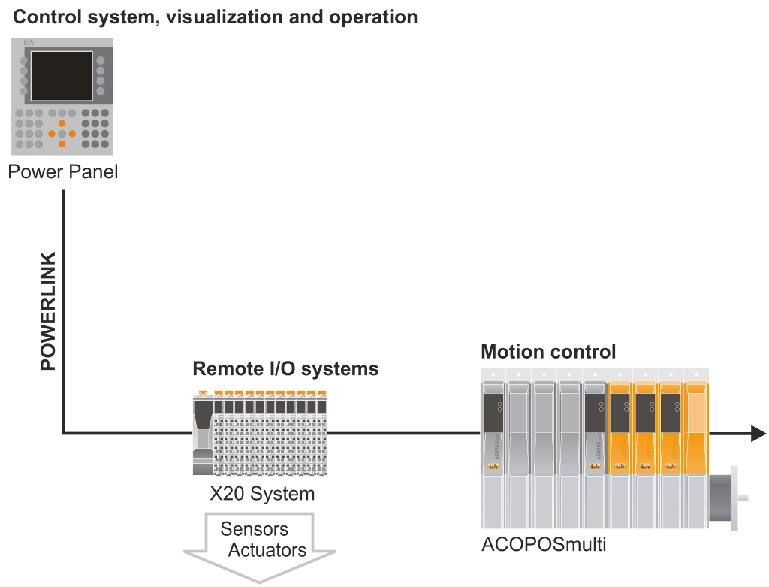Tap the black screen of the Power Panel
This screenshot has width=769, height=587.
62,76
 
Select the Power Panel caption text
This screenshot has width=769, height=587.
63,172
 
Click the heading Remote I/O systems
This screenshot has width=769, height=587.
285,369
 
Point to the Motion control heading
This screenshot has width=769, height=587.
548,351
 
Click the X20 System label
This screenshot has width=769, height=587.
261,494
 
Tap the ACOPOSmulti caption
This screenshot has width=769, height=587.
544,543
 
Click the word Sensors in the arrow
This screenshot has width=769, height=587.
254,529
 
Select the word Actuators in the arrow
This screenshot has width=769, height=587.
267,549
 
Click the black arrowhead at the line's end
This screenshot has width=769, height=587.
758,433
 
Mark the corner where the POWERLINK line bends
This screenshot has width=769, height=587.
64,433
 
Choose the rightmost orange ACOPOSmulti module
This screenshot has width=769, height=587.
696,428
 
